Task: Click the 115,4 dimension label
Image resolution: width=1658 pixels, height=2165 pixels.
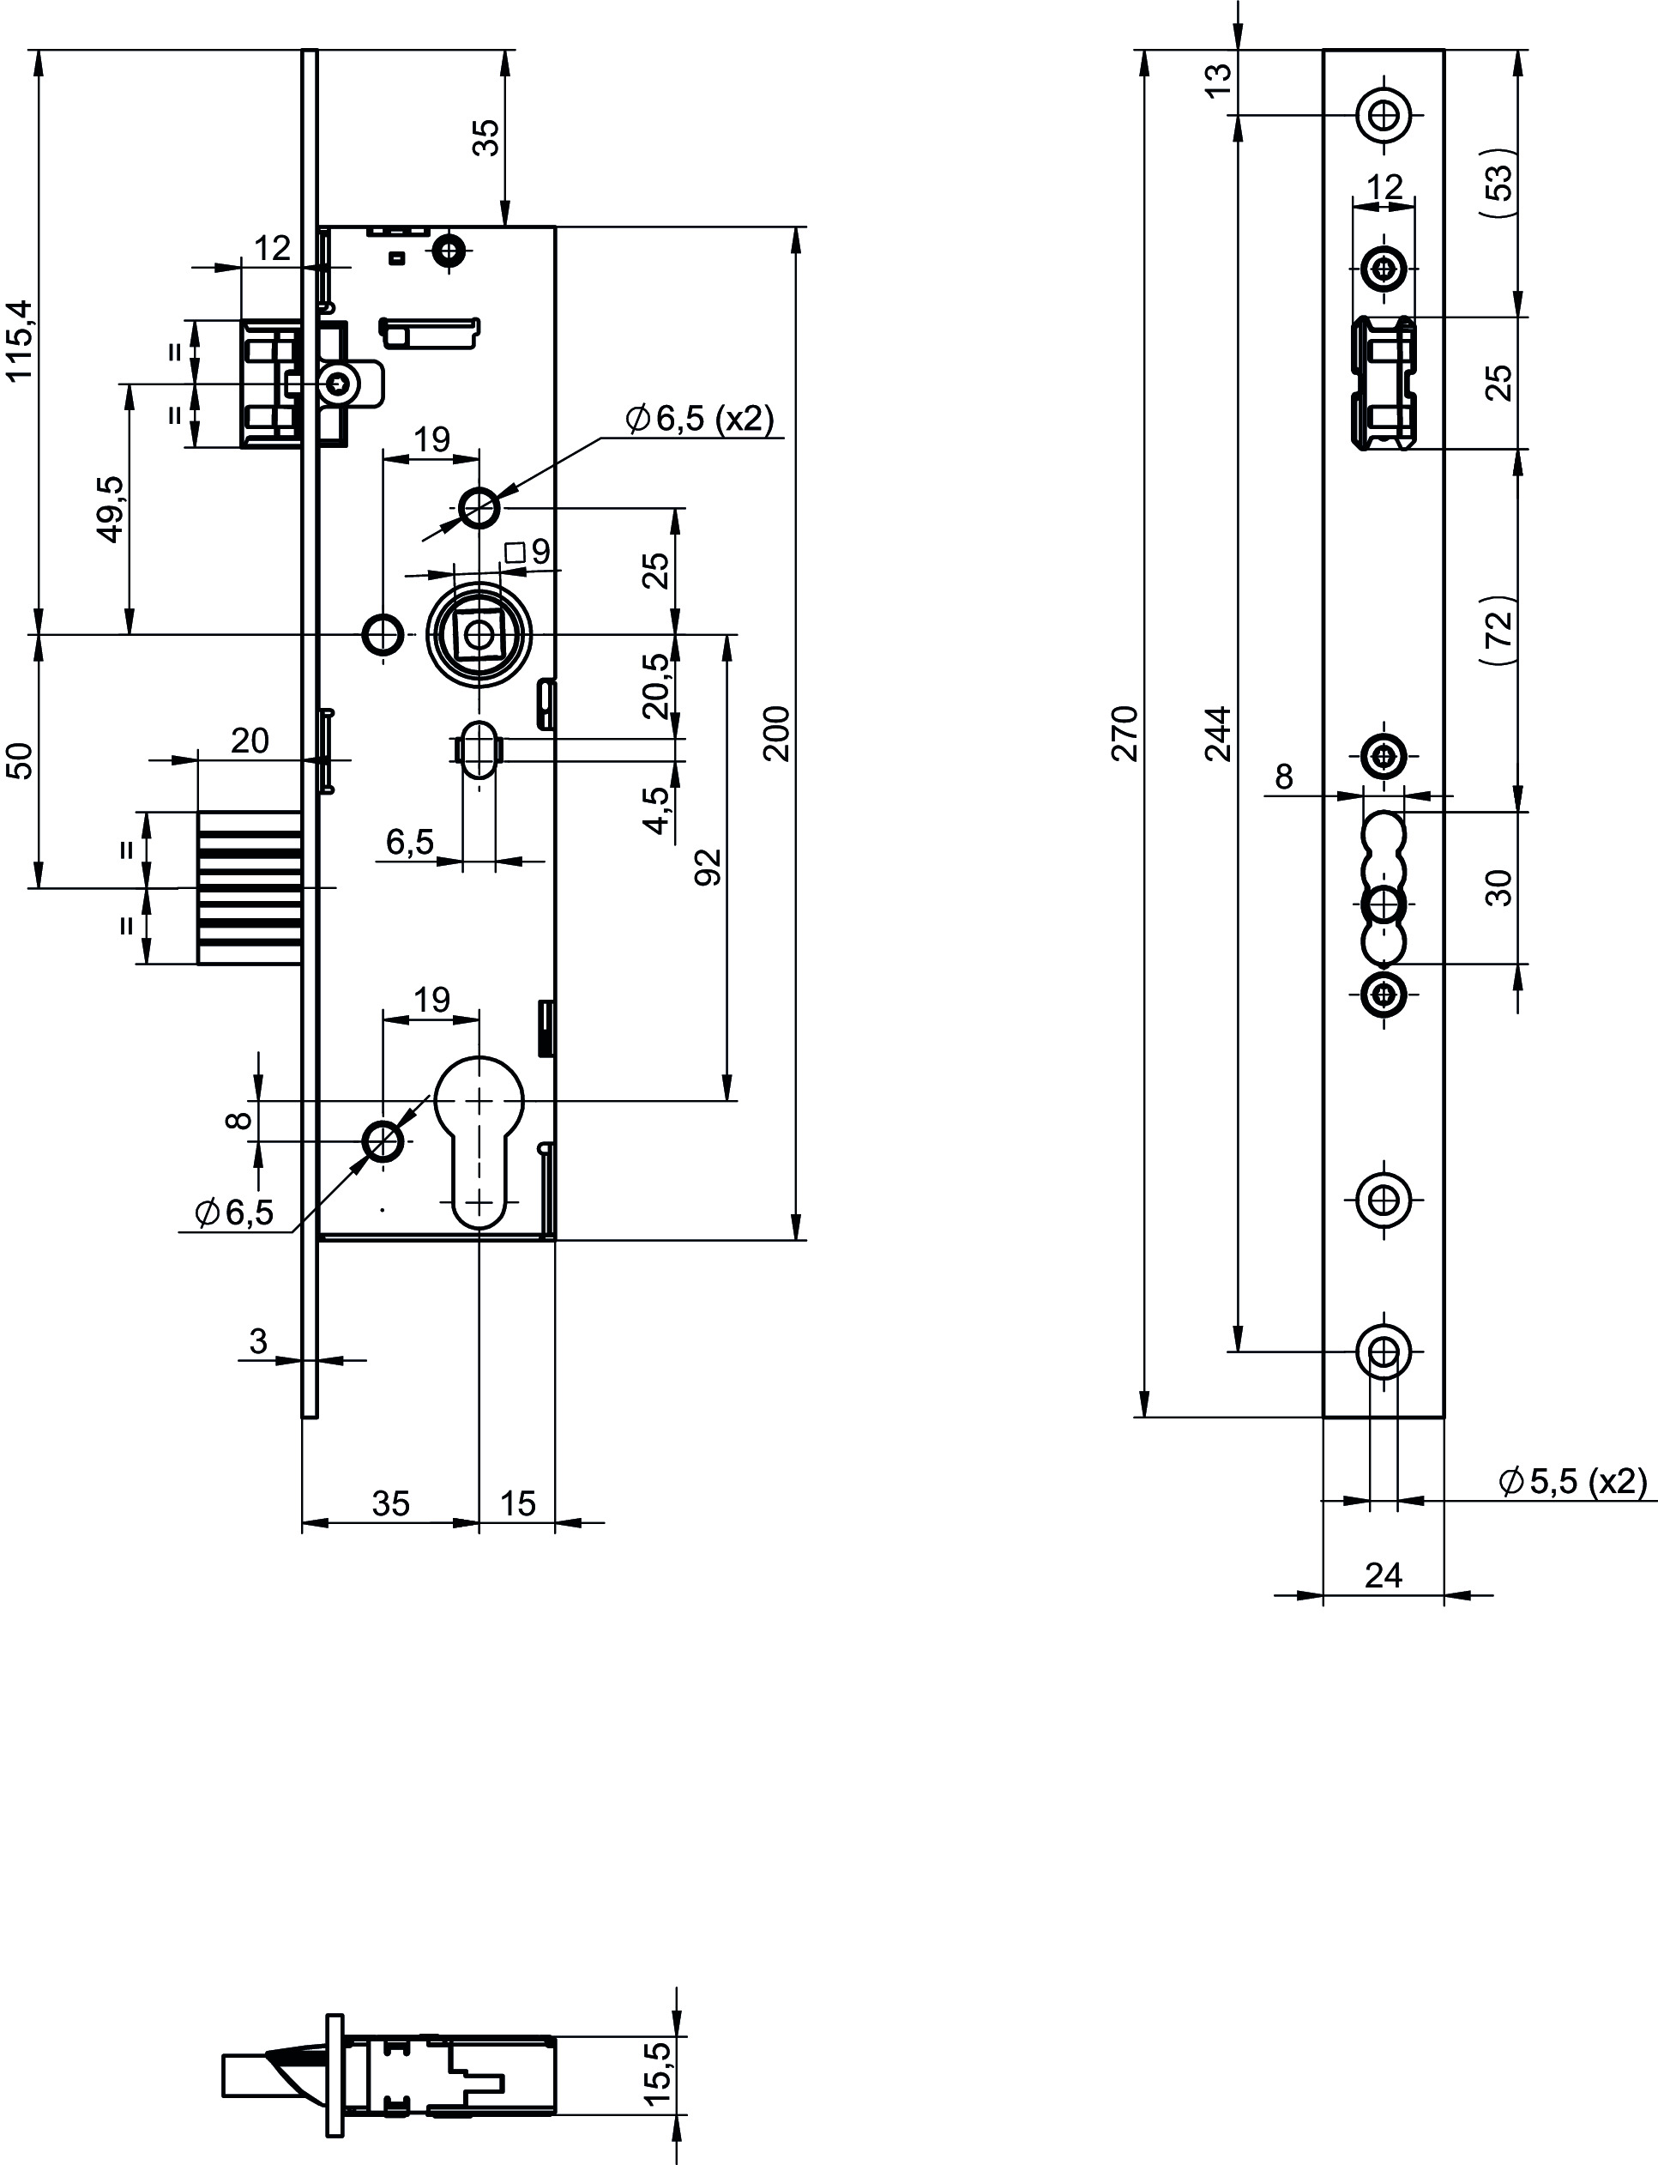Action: pos(21,341)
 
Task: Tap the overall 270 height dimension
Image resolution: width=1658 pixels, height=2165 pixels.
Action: pos(1125,733)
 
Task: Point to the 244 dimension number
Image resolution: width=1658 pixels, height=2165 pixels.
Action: pos(1220,733)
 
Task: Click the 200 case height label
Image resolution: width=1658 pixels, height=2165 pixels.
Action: pos(778,733)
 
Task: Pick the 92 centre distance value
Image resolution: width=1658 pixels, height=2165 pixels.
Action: pos(708,867)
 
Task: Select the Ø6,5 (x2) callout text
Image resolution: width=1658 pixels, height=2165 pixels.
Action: pos(700,419)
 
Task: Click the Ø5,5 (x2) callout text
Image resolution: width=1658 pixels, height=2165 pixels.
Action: pos(1573,1481)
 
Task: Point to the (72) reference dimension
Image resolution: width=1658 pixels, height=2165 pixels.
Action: pos(1498,630)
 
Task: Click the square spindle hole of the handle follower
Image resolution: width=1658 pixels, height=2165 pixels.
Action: pos(479,634)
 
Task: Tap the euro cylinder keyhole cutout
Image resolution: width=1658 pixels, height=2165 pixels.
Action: pos(479,1141)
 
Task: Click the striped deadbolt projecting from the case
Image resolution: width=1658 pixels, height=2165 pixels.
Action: pos(250,887)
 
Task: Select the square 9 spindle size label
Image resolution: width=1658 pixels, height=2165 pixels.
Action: pos(528,552)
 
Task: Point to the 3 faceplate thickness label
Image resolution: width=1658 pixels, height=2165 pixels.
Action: pos(257,1340)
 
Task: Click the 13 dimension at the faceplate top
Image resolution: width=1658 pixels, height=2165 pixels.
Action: pos(1220,79)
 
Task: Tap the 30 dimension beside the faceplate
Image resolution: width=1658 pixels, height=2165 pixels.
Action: pos(1498,886)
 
